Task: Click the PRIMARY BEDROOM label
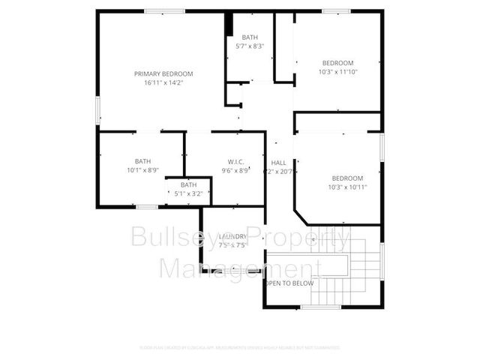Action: (163, 73)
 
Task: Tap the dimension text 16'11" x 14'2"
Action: (163, 82)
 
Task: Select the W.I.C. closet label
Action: (235, 162)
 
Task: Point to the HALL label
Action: (278, 163)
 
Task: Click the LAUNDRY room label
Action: (232, 237)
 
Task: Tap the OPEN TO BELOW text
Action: (289, 283)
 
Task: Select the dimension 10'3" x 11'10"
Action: (337, 72)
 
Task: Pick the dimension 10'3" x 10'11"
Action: (347, 187)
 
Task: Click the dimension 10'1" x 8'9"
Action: (142, 170)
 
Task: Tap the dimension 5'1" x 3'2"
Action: (188, 193)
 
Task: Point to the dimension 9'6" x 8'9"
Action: (235, 171)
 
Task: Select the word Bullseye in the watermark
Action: (170, 238)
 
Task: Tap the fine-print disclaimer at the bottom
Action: (239, 347)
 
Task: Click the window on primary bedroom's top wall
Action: (165, 10)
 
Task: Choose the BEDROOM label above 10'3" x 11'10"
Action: (337, 63)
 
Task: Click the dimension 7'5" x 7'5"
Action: (232, 245)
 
